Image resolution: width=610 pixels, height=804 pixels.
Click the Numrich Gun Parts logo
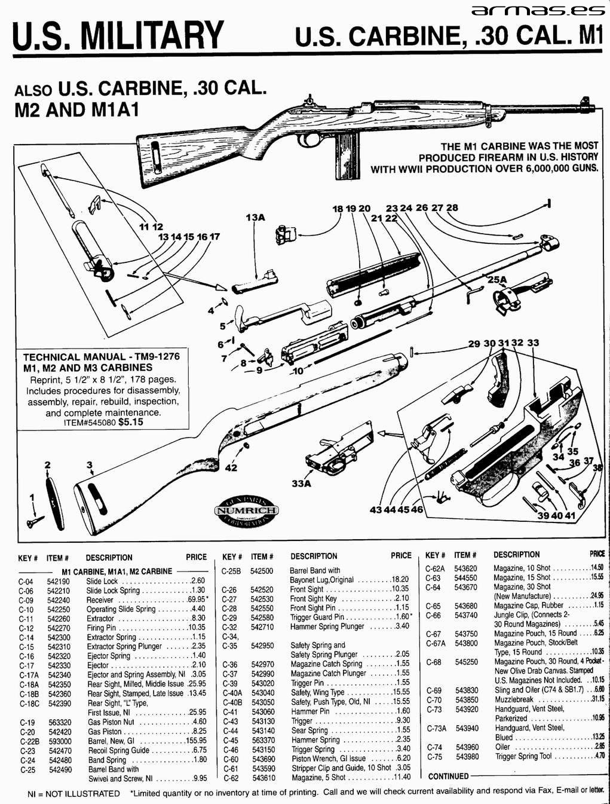click(x=246, y=510)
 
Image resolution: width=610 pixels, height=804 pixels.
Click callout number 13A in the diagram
click(x=255, y=218)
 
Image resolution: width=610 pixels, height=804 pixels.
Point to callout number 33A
click(x=301, y=483)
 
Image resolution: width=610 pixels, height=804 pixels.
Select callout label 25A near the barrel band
click(x=497, y=280)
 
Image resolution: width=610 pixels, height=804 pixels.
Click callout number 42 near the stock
click(x=231, y=467)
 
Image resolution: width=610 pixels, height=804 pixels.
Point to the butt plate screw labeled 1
click(x=34, y=523)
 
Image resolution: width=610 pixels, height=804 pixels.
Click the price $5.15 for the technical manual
click(x=131, y=422)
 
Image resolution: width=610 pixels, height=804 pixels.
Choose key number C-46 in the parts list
click(x=231, y=750)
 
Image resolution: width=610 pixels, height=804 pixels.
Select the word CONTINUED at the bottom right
click(x=449, y=777)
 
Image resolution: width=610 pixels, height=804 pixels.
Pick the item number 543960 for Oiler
click(x=467, y=747)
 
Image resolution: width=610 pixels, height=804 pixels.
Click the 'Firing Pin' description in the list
click(x=101, y=628)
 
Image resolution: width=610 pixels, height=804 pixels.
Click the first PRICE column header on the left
click(x=196, y=557)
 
